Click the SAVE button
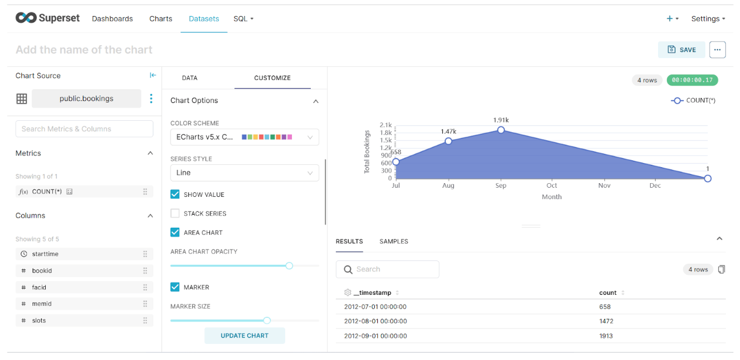pos(681,50)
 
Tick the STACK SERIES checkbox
pos(175,213)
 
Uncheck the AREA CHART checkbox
pos(175,232)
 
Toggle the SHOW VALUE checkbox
pos(175,195)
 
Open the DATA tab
pos(189,78)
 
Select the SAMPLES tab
pos(394,242)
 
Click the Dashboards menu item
pos(112,19)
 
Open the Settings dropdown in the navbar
pos(708,19)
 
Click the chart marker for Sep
pos(501,130)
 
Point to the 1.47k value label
pos(448,132)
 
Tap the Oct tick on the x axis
pos(552,185)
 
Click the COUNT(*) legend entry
pos(693,101)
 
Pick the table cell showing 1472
pos(606,321)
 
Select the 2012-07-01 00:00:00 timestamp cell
pos(375,307)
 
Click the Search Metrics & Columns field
pos(84,129)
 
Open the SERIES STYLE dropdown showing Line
pos(244,173)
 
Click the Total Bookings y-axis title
pos(367,152)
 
